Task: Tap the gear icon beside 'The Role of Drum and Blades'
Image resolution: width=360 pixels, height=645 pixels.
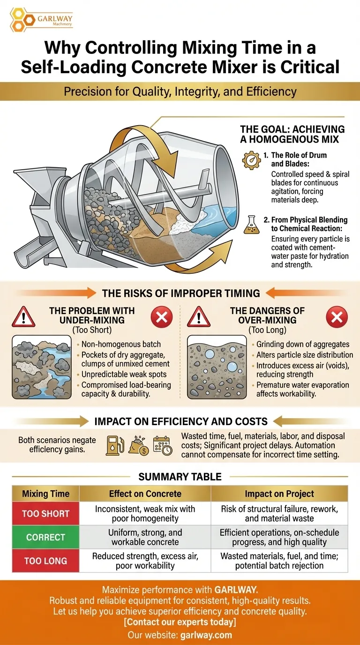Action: [251, 160]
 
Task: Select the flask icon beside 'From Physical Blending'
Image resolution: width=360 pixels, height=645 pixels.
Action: [251, 225]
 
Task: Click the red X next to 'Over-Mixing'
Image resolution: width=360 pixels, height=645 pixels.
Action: [336, 318]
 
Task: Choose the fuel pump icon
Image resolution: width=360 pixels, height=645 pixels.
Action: [113, 446]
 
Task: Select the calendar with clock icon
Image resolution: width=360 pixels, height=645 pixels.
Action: [162, 446]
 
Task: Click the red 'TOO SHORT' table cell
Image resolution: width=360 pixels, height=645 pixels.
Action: [45, 514]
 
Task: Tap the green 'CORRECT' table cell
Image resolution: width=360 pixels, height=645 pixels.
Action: [45, 537]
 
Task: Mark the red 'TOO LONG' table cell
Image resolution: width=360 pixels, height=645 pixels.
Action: [45, 561]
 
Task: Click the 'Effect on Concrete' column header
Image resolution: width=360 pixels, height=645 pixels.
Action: [145, 494]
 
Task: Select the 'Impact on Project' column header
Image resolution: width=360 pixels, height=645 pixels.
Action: [279, 494]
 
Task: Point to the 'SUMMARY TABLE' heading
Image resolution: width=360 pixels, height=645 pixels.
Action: [180, 477]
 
